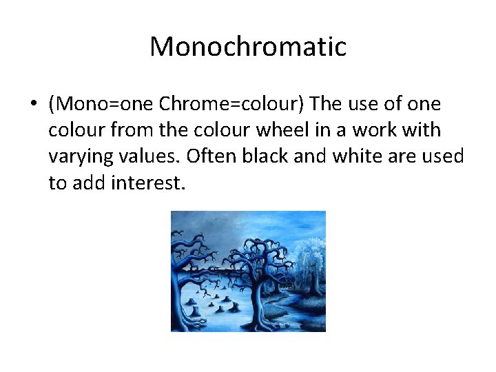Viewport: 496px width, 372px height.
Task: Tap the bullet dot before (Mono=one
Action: [33, 105]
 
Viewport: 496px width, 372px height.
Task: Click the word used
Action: [446, 157]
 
